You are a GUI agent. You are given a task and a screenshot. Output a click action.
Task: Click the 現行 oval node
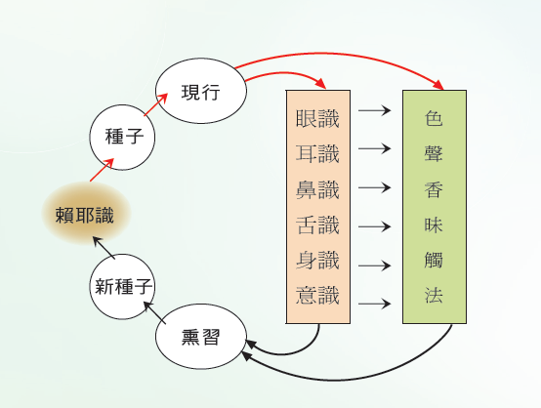201,91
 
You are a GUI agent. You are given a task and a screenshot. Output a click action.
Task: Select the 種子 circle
122,138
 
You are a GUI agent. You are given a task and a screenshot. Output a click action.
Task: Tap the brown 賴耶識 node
86,213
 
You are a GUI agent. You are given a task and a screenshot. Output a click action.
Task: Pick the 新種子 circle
122,287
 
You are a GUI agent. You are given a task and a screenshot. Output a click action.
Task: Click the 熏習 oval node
201,337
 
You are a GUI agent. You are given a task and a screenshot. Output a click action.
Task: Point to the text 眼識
317,119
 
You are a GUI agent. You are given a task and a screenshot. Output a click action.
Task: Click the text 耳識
317,153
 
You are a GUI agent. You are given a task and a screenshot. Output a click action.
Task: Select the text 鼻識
317,189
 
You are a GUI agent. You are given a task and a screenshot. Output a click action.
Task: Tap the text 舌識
317,224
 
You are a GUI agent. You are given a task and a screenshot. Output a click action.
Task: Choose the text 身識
317,260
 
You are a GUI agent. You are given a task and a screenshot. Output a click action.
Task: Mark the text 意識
317,295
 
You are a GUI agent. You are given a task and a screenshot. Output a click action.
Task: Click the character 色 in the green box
434,118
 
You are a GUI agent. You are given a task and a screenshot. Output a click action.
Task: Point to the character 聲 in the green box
434,153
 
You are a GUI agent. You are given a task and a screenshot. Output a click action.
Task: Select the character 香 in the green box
434,189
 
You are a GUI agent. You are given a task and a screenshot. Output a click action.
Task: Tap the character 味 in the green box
434,224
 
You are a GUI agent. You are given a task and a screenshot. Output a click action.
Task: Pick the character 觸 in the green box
434,260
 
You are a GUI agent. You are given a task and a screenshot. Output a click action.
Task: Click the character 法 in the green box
434,295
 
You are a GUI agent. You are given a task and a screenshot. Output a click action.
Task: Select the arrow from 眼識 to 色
375,110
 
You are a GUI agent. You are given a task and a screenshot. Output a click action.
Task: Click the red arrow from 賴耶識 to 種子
103,170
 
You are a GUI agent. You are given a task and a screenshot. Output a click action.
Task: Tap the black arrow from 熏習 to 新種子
154,312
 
